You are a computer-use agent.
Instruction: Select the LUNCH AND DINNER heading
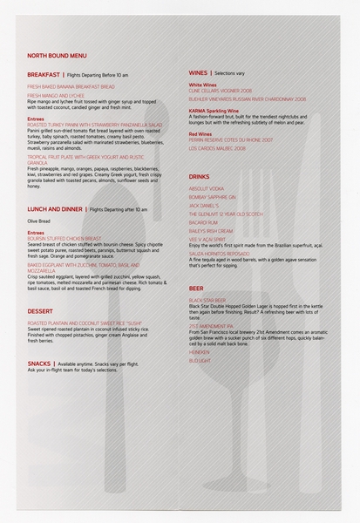[x=55, y=209]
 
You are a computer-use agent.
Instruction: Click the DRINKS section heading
[x=200, y=177]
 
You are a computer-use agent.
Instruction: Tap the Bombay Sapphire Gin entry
[x=212, y=197]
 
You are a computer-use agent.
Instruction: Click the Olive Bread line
[x=39, y=221]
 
